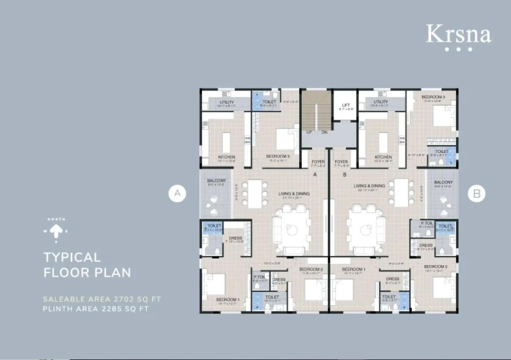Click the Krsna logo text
tap(458, 34)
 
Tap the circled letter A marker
tap(178, 194)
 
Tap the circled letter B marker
tap(476, 194)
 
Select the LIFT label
tap(346, 105)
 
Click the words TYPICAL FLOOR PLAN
tap(87, 264)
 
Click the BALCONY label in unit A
tap(216, 181)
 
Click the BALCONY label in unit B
tap(443, 182)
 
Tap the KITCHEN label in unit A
tap(226, 157)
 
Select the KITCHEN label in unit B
tap(383, 157)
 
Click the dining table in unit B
tap(401, 192)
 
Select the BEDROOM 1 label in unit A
tap(228, 300)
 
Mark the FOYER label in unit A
tap(318, 162)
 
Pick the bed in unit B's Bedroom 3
tap(444, 116)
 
